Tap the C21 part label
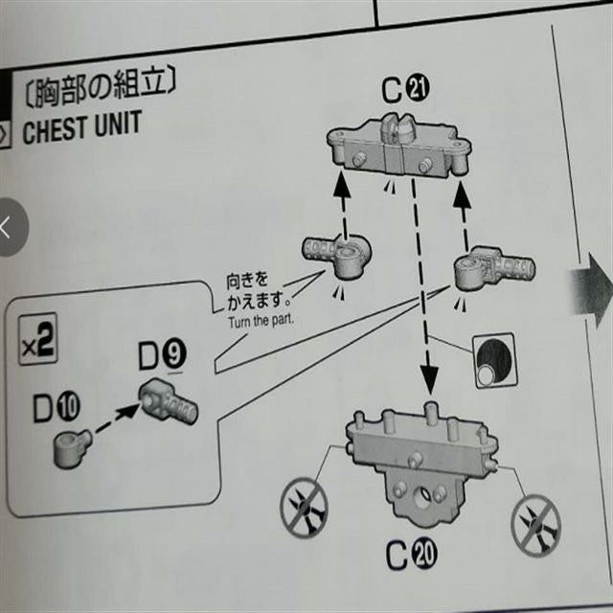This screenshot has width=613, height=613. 405,90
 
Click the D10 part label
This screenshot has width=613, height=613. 57,408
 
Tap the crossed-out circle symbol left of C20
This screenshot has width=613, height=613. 305,509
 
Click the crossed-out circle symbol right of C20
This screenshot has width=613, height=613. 540,521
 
